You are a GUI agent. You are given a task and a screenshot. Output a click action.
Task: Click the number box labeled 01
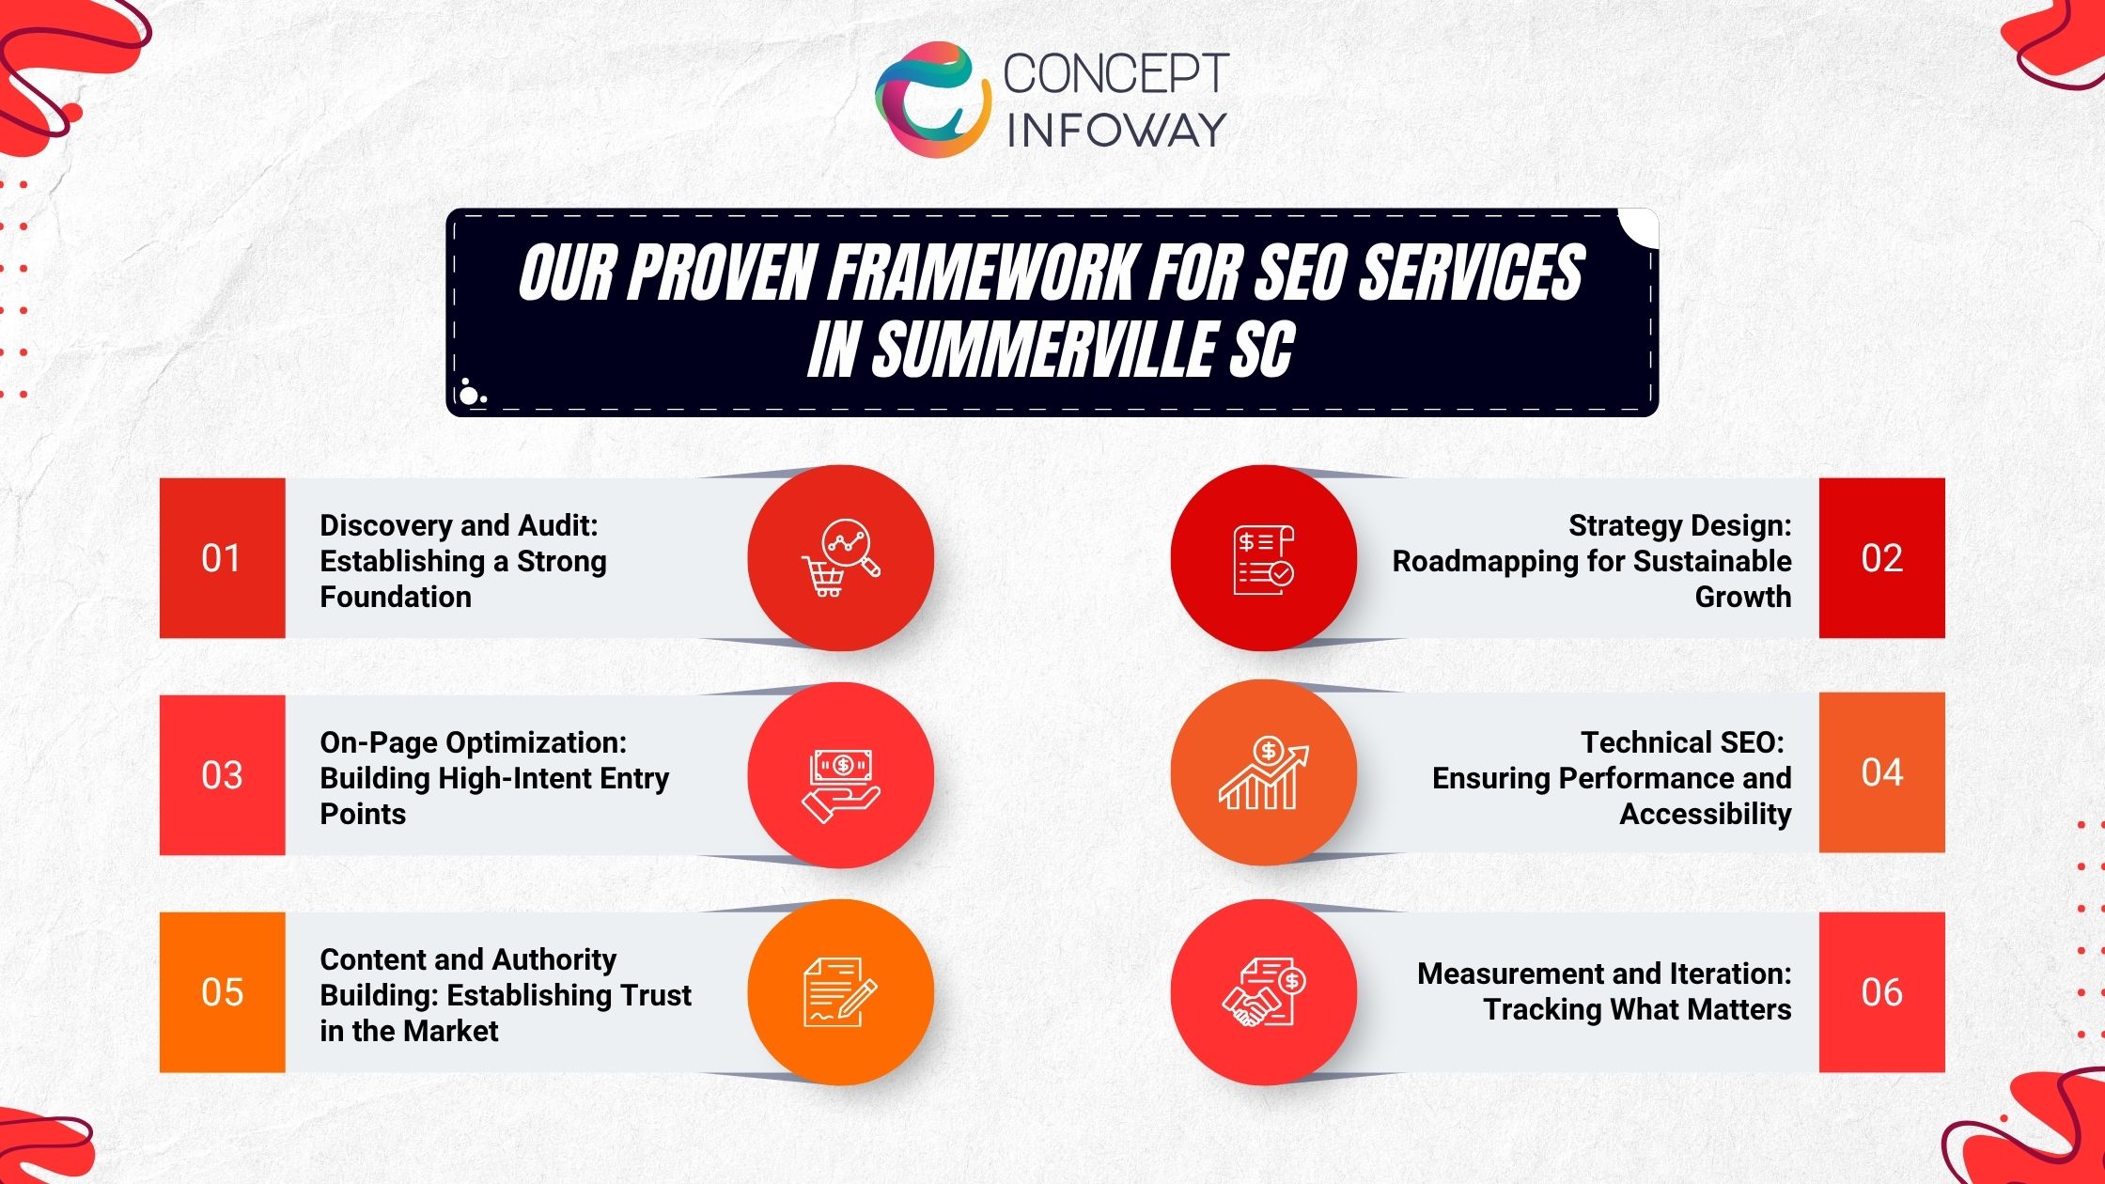point(222,558)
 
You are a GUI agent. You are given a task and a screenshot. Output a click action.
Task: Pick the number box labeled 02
point(1881,558)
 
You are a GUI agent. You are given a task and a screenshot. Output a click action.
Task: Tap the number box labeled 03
point(222,775)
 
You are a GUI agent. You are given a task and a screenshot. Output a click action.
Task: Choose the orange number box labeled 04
point(1881,772)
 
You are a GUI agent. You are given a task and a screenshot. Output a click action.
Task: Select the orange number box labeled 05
point(222,992)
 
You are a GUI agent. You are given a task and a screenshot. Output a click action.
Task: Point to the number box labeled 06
point(1881,992)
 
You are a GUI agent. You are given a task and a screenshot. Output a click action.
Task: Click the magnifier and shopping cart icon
point(840,558)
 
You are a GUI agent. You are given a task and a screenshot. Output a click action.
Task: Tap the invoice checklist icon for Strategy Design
point(1264,558)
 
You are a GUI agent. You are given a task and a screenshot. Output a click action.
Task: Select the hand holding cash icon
point(840,786)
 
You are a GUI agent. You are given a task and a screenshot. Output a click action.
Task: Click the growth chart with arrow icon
point(1264,773)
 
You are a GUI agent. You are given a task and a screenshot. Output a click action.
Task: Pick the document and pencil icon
point(840,992)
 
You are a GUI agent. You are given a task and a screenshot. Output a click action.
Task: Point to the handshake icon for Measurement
point(1264,992)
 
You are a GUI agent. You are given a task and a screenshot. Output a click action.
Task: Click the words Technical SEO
point(1681,742)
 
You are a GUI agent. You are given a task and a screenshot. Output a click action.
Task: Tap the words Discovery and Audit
point(459,525)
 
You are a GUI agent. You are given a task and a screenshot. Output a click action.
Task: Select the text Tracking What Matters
point(1637,1009)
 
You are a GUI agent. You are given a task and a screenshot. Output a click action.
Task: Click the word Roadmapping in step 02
point(1486,561)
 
